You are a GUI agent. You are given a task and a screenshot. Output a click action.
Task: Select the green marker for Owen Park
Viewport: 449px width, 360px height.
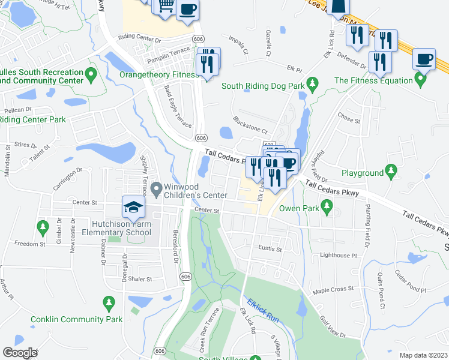(327, 208)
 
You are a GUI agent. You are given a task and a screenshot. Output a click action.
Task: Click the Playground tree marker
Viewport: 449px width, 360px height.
(391, 172)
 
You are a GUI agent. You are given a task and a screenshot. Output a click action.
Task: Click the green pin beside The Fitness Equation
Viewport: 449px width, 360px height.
(418, 80)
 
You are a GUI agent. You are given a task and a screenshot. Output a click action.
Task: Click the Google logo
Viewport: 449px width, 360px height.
(20, 352)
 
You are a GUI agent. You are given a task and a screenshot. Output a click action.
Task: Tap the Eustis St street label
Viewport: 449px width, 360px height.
(270, 248)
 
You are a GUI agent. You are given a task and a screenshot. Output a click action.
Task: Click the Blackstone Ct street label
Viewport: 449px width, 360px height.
(249, 125)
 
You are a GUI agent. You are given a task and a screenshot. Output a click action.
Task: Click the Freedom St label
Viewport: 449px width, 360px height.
(30, 244)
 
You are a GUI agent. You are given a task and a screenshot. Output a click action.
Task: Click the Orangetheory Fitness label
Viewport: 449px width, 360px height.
(158, 75)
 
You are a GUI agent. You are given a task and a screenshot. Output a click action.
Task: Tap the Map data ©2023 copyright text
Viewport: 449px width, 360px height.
(423, 355)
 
